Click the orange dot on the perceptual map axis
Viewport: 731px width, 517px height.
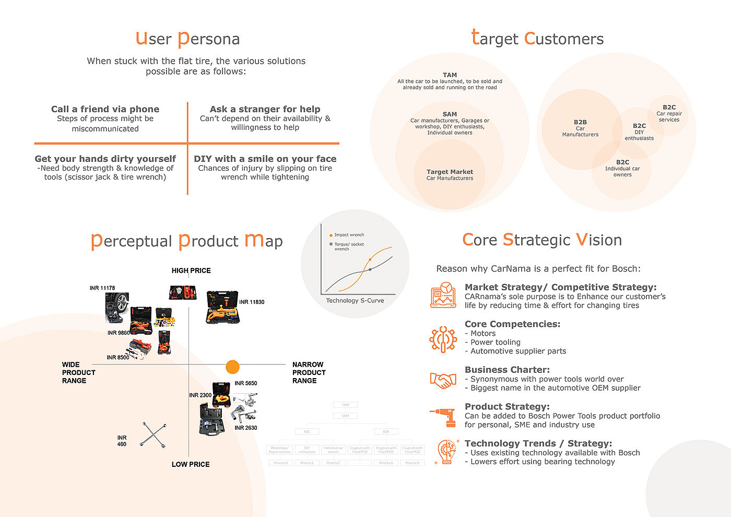point(232,367)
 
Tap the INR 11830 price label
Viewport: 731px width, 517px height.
point(252,302)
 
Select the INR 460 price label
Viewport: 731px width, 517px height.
point(122,441)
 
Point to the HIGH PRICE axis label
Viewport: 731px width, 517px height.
point(191,271)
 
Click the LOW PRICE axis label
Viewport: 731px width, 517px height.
point(191,464)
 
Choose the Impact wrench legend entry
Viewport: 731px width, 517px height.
point(349,235)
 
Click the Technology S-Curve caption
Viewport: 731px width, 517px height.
point(355,301)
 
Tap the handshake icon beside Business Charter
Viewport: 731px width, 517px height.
point(443,380)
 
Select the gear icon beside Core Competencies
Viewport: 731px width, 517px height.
point(443,339)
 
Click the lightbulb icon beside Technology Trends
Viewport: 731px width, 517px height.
point(445,452)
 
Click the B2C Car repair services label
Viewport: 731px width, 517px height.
point(669,113)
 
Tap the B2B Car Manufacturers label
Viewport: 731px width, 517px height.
point(580,128)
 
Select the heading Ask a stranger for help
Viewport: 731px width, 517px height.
point(265,109)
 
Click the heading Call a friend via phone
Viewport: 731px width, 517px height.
point(105,109)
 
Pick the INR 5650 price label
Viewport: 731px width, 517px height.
point(246,383)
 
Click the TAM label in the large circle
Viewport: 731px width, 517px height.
point(450,75)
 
